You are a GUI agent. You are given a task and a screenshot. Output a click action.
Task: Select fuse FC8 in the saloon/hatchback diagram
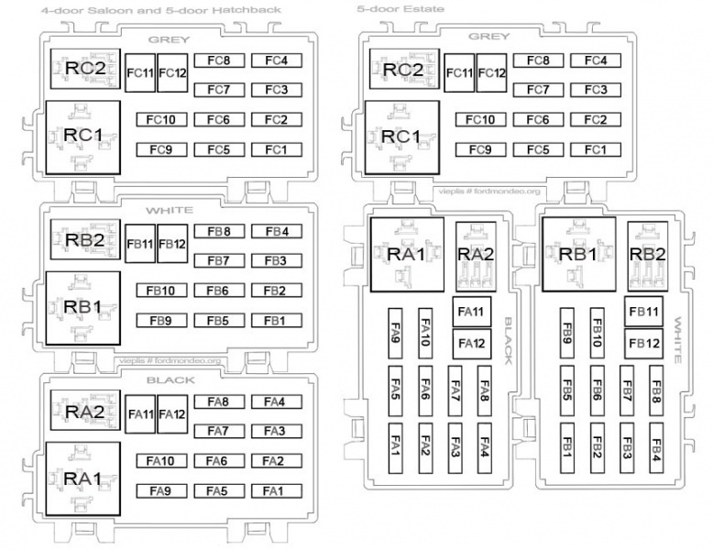(218, 61)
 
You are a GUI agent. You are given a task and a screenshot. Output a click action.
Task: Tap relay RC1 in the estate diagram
(400, 137)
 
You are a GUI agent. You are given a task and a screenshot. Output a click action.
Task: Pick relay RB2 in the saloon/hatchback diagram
(83, 240)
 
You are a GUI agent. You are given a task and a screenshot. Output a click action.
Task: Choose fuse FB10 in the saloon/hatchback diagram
(161, 291)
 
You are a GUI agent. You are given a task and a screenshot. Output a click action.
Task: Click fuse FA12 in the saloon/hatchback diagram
(172, 413)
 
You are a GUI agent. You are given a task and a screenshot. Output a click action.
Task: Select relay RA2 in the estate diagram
(476, 253)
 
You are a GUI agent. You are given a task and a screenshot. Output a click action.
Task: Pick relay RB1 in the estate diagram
(578, 253)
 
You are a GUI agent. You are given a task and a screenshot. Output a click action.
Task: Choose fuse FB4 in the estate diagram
(656, 449)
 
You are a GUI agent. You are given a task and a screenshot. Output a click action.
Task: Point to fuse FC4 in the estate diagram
(596, 61)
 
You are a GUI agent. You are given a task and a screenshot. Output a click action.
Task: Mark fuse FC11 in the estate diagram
(459, 72)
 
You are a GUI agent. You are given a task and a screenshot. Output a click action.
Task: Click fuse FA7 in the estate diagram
(455, 388)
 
